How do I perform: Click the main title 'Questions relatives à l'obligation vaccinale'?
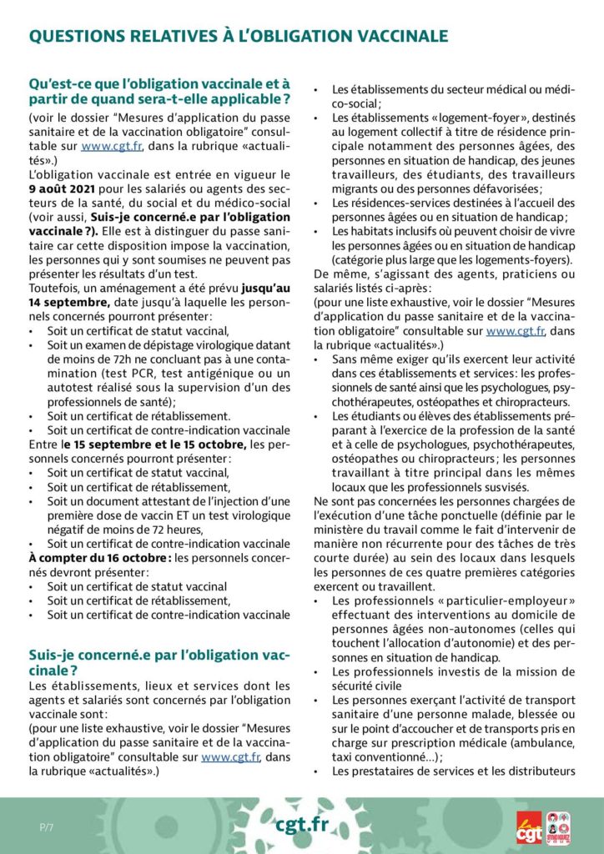(238, 35)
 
